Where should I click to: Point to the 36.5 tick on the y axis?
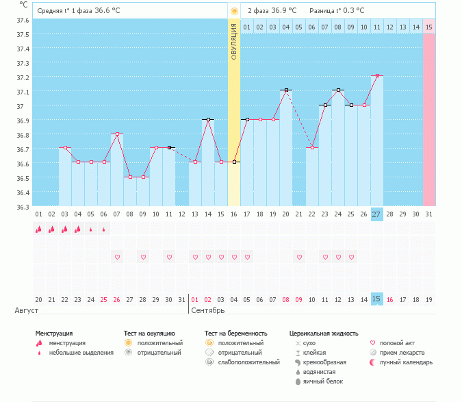tap(22, 178)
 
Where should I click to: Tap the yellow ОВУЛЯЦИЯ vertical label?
tap(234, 41)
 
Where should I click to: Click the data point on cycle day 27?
tap(377, 75)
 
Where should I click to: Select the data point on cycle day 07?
tap(117, 134)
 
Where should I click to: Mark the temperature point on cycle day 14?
tap(208, 119)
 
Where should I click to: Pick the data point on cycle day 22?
tap(312, 147)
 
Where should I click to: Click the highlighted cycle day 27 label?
tap(377, 214)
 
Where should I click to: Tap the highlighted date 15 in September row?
tap(377, 299)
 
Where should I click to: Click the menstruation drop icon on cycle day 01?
tap(38, 229)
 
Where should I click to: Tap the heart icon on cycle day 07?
tap(117, 257)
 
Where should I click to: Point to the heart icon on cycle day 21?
tap(299, 257)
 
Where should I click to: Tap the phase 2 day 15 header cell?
tap(429, 27)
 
